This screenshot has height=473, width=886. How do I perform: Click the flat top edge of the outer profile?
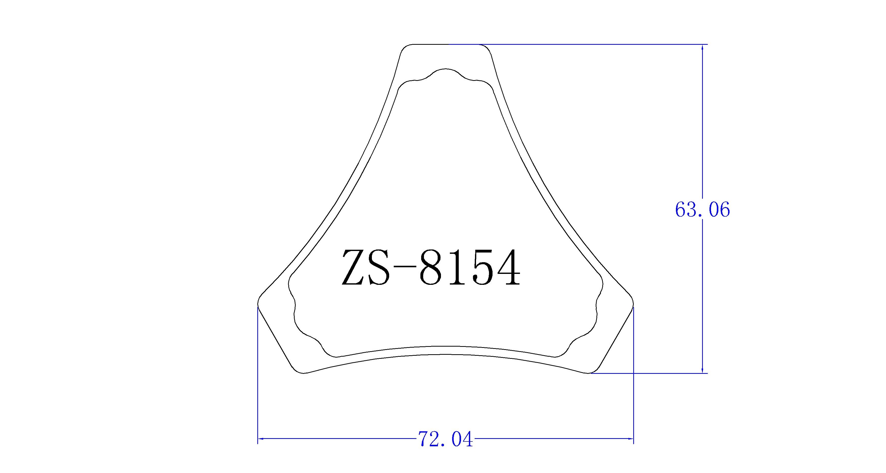[x=445, y=45]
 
